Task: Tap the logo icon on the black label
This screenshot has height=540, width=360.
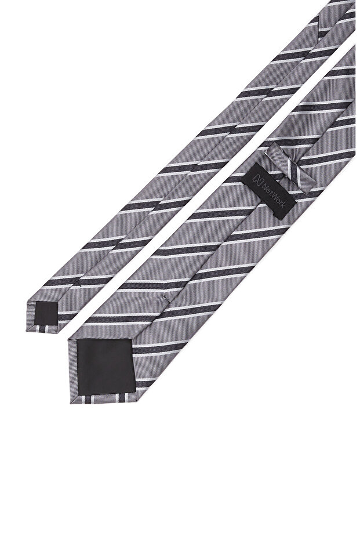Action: click(x=257, y=179)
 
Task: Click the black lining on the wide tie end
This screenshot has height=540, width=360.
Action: click(x=106, y=366)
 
